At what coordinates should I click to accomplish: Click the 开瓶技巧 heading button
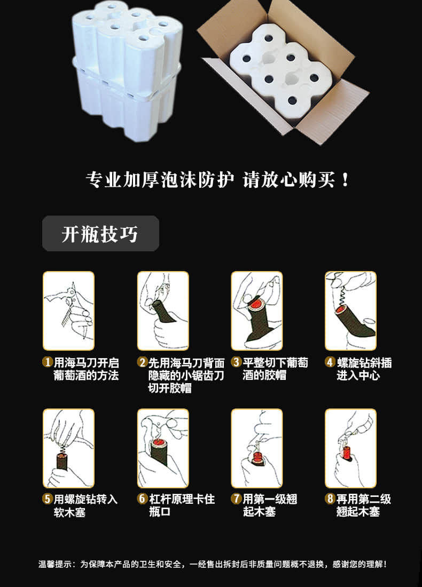(100, 233)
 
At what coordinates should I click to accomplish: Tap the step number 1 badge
(47, 362)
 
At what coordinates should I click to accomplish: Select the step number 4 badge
(330, 362)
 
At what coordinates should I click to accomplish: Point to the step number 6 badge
(142, 498)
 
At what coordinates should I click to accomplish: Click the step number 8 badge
(330, 498)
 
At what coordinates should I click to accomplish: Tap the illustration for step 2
(163, 311)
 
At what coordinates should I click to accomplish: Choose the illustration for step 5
(68, 448)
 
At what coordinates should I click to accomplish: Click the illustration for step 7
(257, 448)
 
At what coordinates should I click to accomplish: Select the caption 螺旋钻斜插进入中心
(364, 369)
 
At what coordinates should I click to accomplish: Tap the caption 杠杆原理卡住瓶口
(182, 505)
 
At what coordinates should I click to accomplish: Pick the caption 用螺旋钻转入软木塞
(86, 505)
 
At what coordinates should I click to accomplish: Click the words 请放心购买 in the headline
(288, 180)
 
